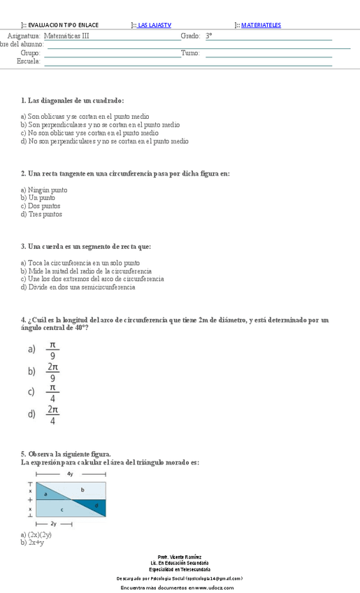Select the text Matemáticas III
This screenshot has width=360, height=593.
66,35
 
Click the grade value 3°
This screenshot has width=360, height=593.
209,35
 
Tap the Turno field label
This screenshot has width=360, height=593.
190,52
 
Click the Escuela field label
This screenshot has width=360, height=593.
29,61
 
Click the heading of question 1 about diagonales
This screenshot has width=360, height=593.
73,101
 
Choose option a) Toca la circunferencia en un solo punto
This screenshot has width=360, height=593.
80,263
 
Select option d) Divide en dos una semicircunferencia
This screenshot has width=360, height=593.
78,287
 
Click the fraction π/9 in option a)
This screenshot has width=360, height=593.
52,350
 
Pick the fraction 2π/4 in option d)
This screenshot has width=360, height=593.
53,414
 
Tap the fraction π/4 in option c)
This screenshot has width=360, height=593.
52,393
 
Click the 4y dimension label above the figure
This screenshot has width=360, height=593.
70,474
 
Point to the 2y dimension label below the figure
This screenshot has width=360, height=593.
53,523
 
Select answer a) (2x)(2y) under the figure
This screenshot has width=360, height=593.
36,534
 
